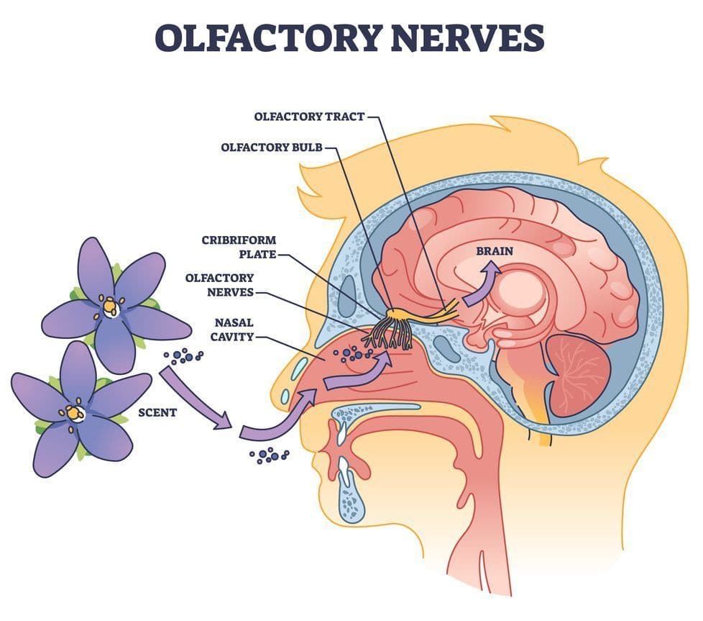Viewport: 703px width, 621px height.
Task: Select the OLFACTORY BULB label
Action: point(271,148)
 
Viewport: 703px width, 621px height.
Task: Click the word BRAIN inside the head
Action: point(495,251)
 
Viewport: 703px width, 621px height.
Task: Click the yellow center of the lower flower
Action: point(75,412)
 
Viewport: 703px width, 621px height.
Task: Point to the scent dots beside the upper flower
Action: point(185,355)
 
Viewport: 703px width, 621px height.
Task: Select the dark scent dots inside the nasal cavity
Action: point(352,352)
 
